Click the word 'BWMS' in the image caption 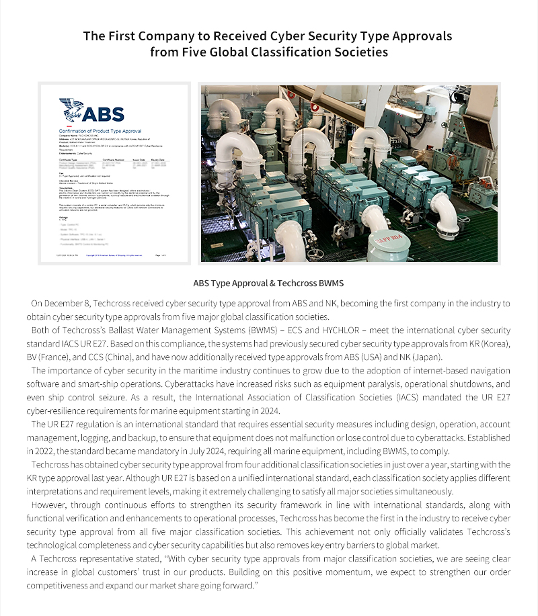click(331, 283)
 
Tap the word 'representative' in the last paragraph click(104, 558)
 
